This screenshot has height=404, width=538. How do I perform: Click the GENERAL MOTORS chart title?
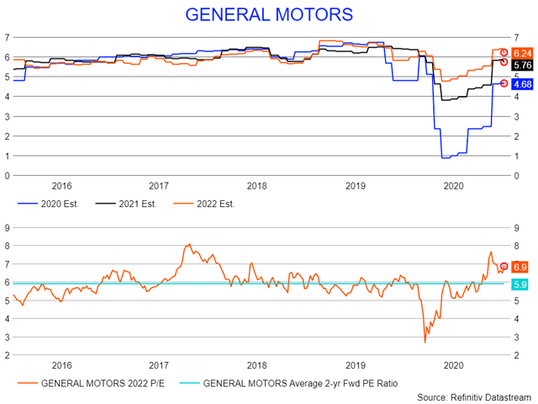click(x=268, y=15)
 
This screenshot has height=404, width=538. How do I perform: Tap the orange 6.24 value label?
click(x=521, y=53)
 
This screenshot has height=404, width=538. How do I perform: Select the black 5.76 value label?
click(x=521, y=64)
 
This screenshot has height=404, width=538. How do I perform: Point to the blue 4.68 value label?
click(x=521, y=83)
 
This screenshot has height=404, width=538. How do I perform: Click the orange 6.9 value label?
click(x=520, y=266)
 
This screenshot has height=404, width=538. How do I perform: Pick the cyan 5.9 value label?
click(x=520, y=284)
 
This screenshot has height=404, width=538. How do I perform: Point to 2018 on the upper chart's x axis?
click(x=257, y=186)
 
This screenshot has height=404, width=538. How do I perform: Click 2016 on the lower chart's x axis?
click(x=61, y=365)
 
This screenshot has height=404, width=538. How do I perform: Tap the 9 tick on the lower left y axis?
click(x=8, y=226)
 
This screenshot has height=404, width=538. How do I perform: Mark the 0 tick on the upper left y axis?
click(x=8, y=175)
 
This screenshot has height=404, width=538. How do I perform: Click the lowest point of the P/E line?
click(x=425, y=342)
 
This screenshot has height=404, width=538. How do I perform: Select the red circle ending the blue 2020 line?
click(x=504, y=82)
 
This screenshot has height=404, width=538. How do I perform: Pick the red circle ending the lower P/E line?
click(x=504, y=266)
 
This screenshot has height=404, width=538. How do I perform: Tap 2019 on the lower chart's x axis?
click(x=356, y=365)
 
